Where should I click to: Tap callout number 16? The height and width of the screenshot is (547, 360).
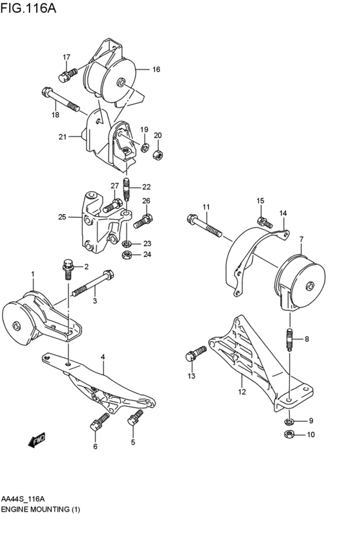pos(156,69)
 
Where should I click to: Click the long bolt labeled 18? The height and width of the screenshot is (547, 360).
pos(60,99)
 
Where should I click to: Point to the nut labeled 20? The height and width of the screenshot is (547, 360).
pos(157,154)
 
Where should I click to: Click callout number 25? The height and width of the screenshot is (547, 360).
pos(62,217)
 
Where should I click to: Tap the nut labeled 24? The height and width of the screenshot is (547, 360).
pos(127,255)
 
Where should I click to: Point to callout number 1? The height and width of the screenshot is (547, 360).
pos(32,274)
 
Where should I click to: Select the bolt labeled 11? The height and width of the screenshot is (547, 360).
pos(204,225)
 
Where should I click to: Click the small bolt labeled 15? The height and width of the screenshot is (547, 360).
pos(264,222)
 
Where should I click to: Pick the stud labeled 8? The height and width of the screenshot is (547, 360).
pos(289,339)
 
